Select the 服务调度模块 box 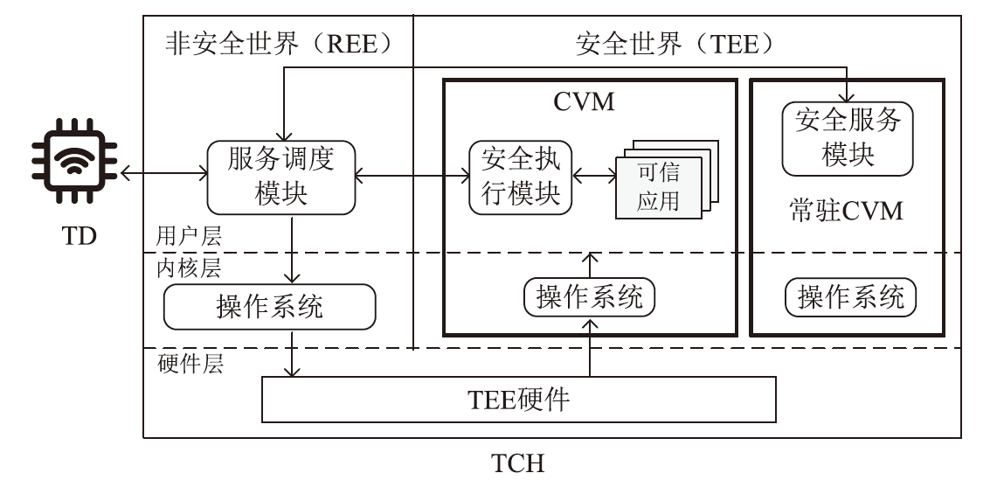tap(281, 177)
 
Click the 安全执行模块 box tap(520, 177)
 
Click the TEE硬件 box tap(519, 400)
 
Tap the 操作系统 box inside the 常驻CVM tap(851, 297)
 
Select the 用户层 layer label tap(182, 237)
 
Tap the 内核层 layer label tap(182, 268)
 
